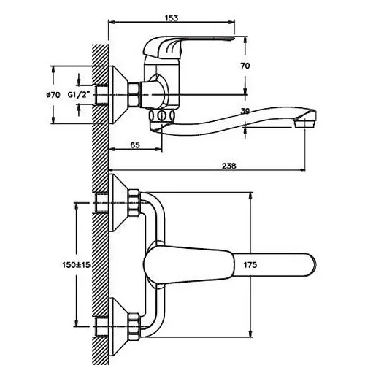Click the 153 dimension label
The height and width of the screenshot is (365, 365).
click(172, 18)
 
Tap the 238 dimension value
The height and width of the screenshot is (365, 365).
click(229, 166)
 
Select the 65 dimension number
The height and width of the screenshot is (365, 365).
click(135, 145)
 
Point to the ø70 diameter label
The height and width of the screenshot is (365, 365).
click(53, 95)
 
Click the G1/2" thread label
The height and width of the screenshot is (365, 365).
click(79, 95)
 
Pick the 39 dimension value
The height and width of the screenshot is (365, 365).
click(245, 111)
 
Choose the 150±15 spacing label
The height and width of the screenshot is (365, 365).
click(76, 265)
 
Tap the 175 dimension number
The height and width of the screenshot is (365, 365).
click(250, 265)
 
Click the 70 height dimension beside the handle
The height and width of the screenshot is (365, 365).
click(245, 66)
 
